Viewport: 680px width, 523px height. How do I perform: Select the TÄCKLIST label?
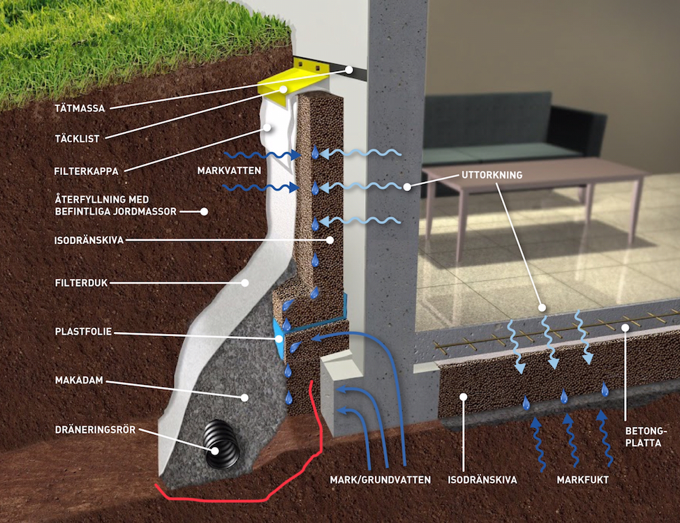coord(77,138)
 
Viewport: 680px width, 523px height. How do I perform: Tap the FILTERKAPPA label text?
coord(86,169)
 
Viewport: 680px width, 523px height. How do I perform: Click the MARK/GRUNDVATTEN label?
coord(380,480)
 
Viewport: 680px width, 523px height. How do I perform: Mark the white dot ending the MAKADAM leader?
coord(245,397)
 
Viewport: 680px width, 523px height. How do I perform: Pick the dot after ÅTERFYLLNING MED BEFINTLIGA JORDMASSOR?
coord(205,211)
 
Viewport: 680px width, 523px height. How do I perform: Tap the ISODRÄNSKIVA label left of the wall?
coord(89,240)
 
